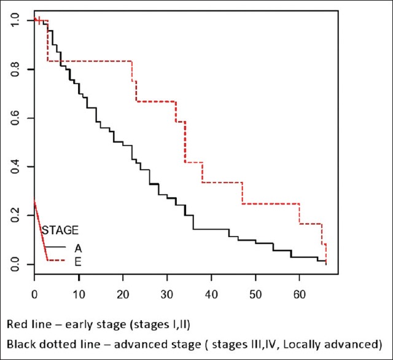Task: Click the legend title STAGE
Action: coord(60,230)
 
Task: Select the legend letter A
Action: coord(78,248)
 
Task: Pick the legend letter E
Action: coord(78,262)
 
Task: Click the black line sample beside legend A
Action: coord(56,247)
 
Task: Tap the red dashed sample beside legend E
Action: coord(56,262)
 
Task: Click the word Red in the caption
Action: coord(17,324)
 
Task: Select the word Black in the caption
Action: coord(20,342)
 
